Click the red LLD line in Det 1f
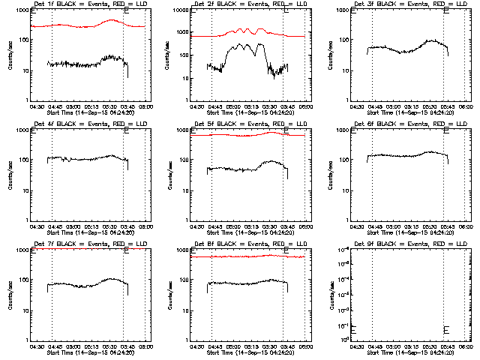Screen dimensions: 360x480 click(x=75, y=26)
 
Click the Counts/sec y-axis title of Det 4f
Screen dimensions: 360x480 click(x=10, y=174)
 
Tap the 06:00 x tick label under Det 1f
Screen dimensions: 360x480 click(x=145, y=107)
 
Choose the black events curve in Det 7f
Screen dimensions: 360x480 click(x=75, y=286)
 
